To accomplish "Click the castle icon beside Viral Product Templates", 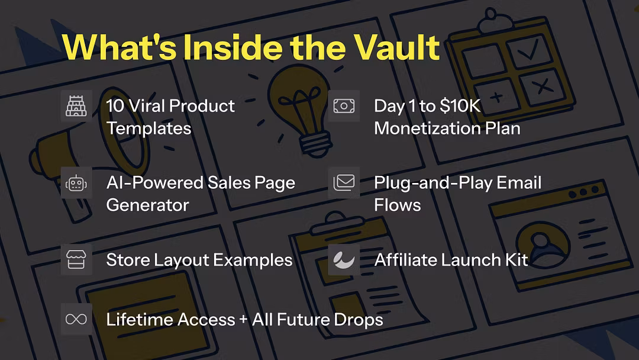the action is (76, 106).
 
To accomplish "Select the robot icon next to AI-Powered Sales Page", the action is (76, 183).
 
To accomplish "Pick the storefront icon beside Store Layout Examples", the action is (76, 260).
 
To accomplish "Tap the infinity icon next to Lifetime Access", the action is (76, 319).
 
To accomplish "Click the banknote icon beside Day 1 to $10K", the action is (344, 106).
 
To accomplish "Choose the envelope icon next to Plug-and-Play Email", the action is (344, 182).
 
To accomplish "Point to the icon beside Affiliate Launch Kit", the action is (344, 260).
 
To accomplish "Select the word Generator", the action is (147, 205).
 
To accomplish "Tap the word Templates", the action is (149, 129).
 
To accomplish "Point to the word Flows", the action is (398, 205).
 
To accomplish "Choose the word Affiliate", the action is (405, 260).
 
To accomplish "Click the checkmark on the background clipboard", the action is (528, 49).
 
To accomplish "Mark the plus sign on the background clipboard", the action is (496, 97).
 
